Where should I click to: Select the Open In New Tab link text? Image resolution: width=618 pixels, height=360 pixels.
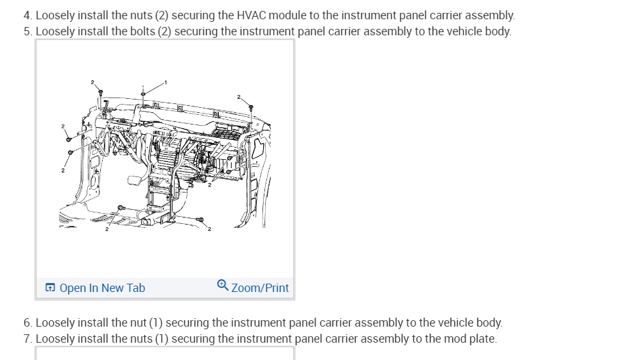point(102,288)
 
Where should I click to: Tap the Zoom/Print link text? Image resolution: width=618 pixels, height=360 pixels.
point(260,288)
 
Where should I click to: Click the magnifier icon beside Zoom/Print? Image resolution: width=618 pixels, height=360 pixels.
point(223,287)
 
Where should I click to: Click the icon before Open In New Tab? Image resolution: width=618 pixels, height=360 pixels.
point(50,288)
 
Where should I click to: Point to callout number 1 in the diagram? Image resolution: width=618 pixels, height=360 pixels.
point(166,82)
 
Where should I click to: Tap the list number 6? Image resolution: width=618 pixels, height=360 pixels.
point(27,323)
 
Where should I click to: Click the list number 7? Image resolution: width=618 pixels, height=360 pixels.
point(27,339)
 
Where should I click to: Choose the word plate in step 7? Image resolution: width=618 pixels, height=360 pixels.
point(481,339)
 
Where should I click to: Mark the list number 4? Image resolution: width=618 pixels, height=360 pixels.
point(27,15)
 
